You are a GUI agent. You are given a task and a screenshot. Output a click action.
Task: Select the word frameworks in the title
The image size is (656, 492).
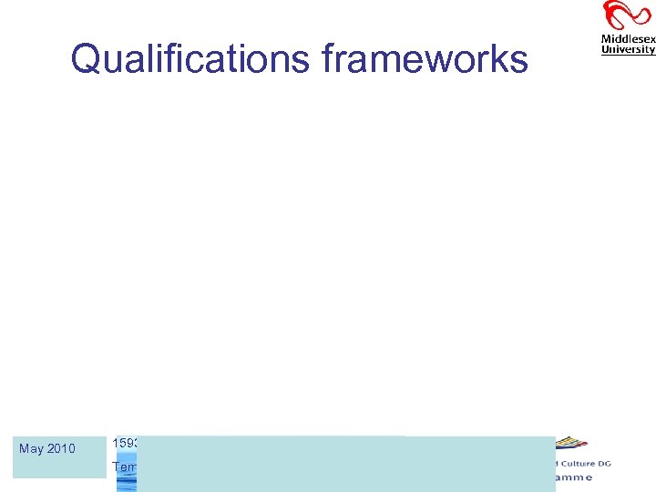425,60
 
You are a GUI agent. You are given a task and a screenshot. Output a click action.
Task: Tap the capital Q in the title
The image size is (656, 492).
87,60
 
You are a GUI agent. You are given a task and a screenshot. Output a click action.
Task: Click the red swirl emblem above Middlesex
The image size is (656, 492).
628,16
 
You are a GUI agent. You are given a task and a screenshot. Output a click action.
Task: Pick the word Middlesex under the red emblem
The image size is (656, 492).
628,39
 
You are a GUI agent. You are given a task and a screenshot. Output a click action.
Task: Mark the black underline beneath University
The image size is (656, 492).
628,56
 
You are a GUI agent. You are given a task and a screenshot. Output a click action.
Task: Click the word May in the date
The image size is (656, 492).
31,448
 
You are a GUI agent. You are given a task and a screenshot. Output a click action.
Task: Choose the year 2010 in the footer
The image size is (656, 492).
61,448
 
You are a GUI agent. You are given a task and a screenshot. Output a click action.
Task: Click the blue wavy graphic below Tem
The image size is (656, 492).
127,483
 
